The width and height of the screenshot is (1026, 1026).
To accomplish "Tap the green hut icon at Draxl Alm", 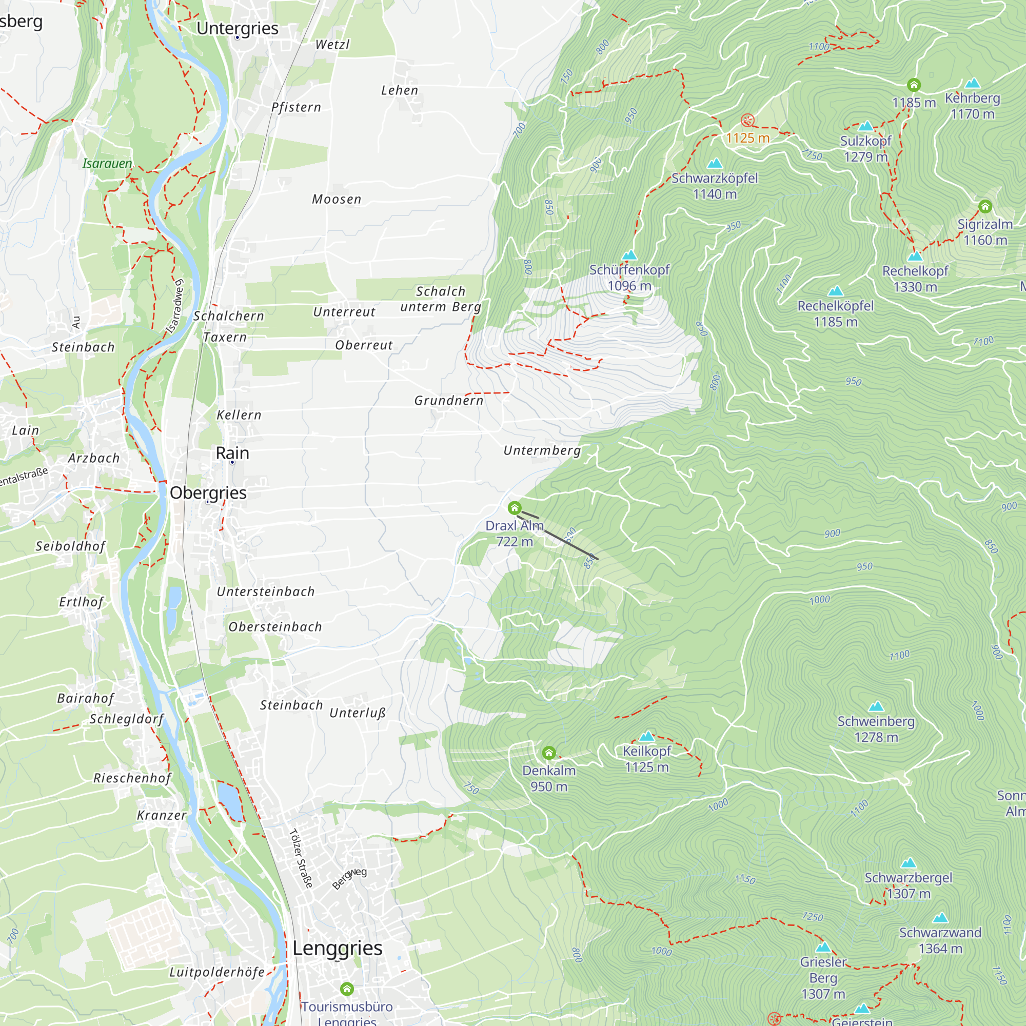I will (514, 508).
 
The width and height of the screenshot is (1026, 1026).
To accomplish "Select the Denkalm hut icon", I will (548, 753).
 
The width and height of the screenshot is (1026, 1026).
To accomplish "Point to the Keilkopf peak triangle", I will (646, 737).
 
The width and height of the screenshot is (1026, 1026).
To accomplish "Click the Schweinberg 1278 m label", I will (876, 728).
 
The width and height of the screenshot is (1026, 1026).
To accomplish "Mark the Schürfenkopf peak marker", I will (629, 255).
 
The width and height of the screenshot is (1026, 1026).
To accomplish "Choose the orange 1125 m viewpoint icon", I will (747, 121).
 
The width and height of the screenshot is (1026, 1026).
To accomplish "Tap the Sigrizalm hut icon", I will (985, 206).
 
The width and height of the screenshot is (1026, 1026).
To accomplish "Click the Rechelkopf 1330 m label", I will (915, 279).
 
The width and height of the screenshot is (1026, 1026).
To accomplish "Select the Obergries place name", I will (208, 493).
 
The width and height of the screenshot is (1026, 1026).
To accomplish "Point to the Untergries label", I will (238, 28).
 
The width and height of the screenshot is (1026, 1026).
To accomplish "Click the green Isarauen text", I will (107, 164).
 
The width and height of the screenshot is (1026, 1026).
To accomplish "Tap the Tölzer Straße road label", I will (301, 859).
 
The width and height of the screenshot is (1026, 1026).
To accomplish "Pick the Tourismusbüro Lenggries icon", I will (347, 989).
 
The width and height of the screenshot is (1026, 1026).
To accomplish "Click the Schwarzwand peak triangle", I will (940, 918).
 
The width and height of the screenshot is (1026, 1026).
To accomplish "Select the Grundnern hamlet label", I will (449, 401).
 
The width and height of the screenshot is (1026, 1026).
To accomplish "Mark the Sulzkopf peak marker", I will (865, 126).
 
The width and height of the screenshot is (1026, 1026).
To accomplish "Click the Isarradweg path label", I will (175, 307).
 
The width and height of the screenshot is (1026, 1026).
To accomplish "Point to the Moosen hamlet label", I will (336, 199).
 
